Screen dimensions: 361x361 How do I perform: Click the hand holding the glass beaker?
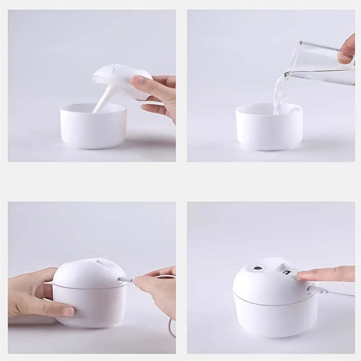(x=346, y=49)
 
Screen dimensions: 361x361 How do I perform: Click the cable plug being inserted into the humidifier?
(x=125, y=280)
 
